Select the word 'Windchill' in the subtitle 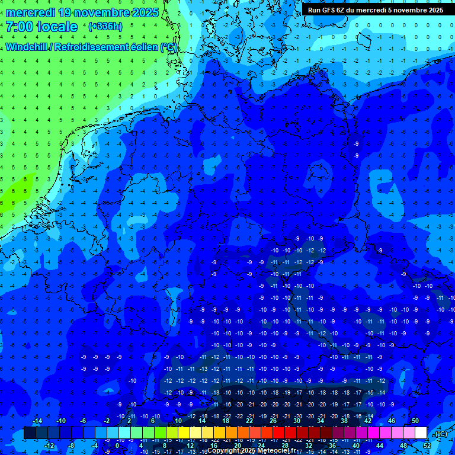27,47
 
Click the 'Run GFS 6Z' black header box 376,9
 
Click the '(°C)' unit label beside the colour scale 440,434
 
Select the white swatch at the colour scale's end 421,433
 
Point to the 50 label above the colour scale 415,421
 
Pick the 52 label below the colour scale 427,446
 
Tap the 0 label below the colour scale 118,446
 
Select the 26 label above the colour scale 273,421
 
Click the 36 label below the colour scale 332,446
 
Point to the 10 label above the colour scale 178,421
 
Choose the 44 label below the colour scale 379,446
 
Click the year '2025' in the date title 142,12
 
